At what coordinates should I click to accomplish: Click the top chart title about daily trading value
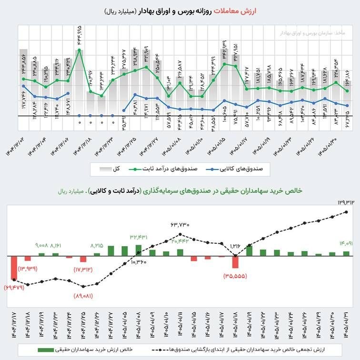[180, 10]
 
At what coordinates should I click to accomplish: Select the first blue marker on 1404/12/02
[23, 86]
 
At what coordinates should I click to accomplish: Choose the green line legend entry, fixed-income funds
[162, 169]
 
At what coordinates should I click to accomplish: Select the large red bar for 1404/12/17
[14, 268]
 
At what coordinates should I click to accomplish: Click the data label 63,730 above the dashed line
[180, 225]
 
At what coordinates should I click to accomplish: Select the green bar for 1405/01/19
[249, 251]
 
